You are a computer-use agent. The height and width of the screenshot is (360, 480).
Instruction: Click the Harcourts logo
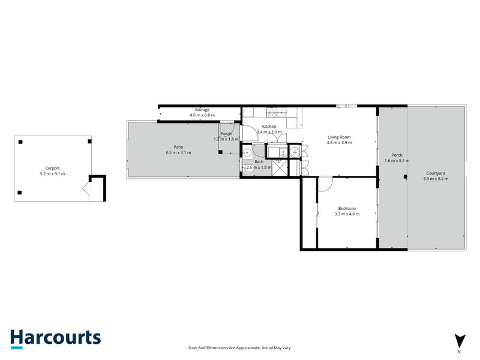[x=55, y=339]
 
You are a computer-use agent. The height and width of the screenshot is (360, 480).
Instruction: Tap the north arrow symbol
[x=460, y=341]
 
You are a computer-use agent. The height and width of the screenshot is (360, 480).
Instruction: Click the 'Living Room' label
[x=339, y=137]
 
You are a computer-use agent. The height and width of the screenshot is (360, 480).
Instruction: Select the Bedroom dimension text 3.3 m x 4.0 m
[x=347, y=214]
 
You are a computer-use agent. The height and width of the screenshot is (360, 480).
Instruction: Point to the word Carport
[x=52, y=168]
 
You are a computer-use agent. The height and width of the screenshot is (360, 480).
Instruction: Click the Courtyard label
[x=436, y=173]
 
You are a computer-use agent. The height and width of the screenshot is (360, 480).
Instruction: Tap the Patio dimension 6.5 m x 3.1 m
[x=178, y=152]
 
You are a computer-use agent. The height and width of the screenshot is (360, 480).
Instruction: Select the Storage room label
[x=202, y=110]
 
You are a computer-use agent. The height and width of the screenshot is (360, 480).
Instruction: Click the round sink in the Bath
[x=247, y=152]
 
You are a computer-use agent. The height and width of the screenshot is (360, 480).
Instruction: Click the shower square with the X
[x=280, y=168]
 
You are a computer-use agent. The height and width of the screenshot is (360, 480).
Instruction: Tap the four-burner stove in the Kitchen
[x=272, y=113]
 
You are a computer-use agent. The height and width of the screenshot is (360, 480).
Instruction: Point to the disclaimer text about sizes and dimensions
[x=239, y=348]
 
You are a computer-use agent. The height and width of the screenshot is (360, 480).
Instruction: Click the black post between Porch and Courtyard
[x=406, y=176]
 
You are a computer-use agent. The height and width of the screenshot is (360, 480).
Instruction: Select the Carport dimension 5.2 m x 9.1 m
[x=52, y=173]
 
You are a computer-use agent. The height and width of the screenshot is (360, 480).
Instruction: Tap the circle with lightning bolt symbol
[x=295, y=152]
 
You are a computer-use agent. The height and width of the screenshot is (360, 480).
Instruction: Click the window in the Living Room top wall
[x=347, y=106]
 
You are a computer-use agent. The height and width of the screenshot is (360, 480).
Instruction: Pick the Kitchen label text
[x=269, y=127]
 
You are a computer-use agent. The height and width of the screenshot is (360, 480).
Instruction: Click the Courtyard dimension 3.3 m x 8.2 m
[x=436, y=179]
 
